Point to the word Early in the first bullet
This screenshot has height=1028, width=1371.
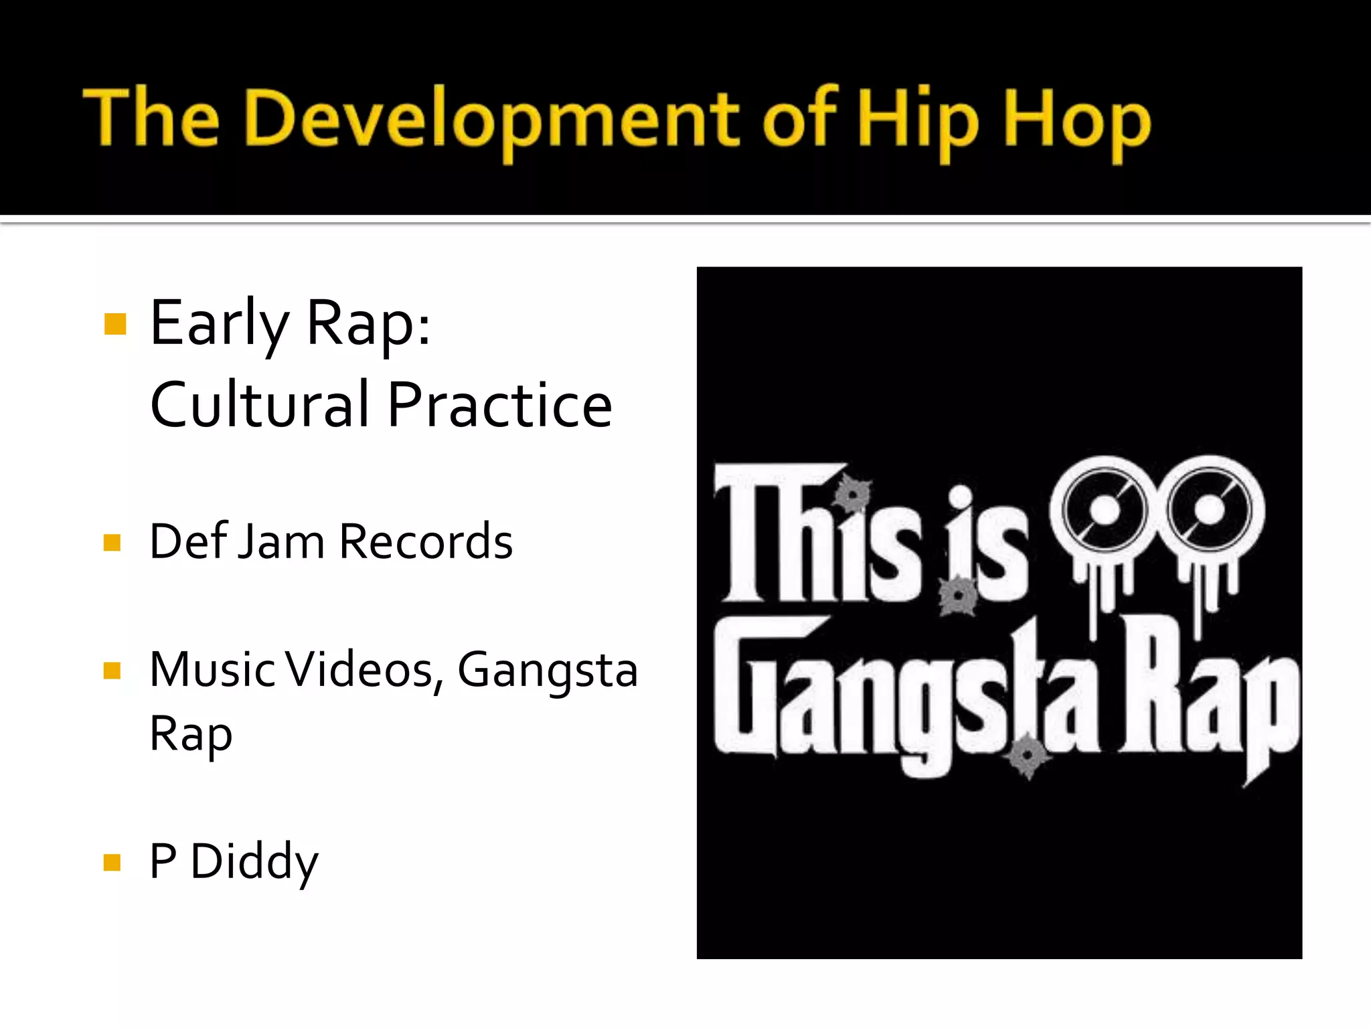coord(218,324)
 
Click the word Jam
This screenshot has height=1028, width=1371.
coord(281,541)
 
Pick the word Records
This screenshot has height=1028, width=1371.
coord(426,541)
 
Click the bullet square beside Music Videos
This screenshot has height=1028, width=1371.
coord(112,670)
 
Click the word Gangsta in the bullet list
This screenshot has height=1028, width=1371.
coord(547,670)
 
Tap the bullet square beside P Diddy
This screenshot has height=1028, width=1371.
coord(112,862)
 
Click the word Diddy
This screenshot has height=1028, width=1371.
coord(254,862)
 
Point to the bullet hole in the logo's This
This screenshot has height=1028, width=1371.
coord(853,495)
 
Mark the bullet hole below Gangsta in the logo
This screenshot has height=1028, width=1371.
coord(1028,756)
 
